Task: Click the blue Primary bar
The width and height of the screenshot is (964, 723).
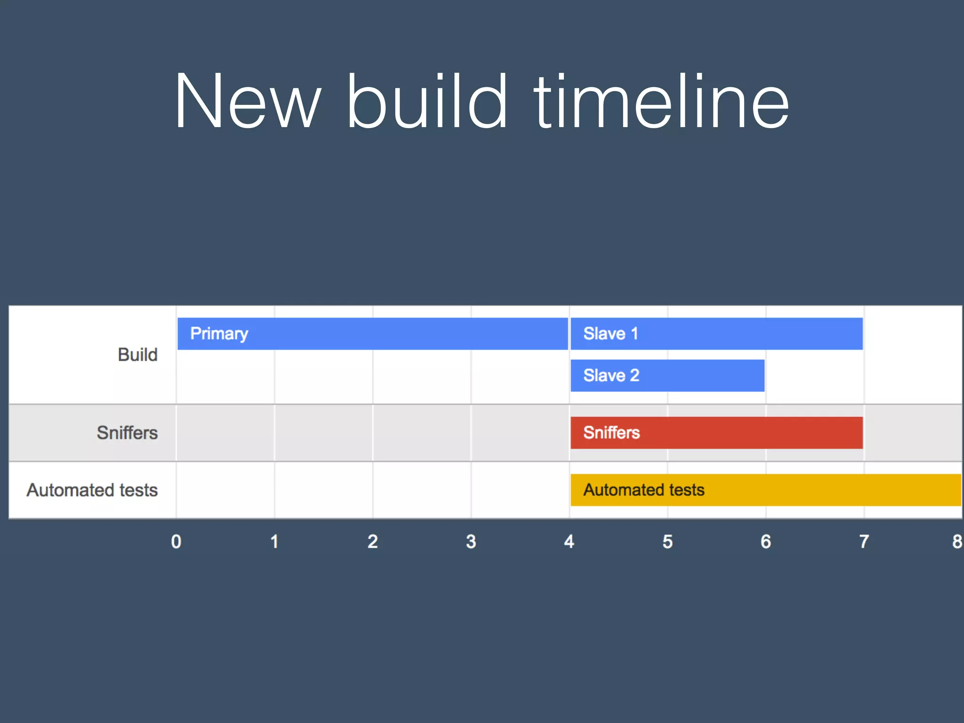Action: [x=372, y=334]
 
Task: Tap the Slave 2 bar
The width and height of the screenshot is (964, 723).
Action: [x=667, y=376]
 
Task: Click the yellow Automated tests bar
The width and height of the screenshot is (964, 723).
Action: [x=765, y=490]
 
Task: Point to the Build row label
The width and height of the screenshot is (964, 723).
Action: [x=137, y=355]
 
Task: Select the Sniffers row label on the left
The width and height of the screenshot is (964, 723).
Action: [x=127, y=433]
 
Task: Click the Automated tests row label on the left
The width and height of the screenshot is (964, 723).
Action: [x=92, y=490]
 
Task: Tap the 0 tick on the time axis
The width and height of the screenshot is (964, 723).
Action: [x=177, y=542]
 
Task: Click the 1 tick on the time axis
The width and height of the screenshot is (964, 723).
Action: [x=274, y=542]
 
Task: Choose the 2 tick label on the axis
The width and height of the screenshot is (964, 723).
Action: [x=373, y=542]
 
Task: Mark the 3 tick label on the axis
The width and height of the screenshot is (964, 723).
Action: [x=471, y=542]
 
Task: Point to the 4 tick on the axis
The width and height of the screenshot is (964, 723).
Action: [x=569, y=542]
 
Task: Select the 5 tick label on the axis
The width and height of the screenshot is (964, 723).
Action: [x=667, y=542]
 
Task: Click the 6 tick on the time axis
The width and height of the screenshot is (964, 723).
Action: [x=766, y=542]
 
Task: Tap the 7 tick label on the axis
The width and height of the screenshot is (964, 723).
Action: [x=864, y=542]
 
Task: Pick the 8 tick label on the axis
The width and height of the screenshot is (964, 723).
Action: [x=957, y=542]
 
